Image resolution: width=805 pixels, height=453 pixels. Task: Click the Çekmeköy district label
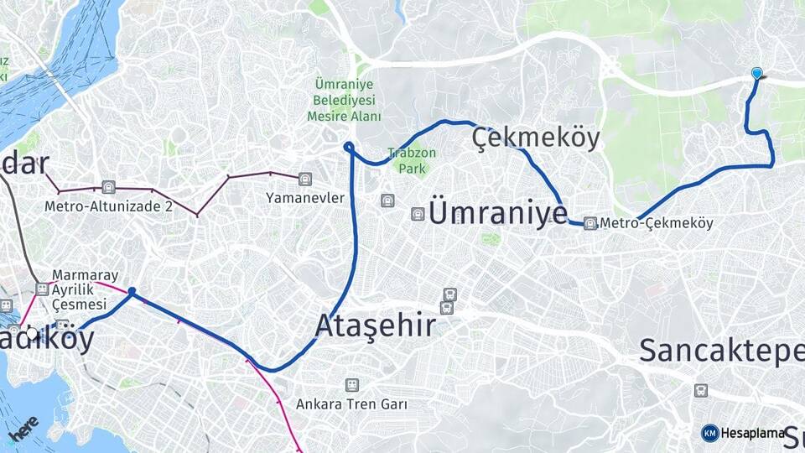point(536,138)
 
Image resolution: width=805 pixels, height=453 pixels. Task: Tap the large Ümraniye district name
point(497,213)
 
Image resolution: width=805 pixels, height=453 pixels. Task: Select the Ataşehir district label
point(376,325)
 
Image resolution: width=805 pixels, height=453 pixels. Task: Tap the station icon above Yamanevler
point(304,179)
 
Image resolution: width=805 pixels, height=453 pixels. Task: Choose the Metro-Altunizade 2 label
point(109,206)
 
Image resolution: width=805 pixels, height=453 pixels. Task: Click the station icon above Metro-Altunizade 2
point(107,187)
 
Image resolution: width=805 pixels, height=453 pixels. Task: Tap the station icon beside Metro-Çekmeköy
point(590,223)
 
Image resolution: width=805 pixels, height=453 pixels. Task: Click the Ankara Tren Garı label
point(351,404)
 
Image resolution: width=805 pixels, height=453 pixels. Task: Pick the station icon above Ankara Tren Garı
point(351,385)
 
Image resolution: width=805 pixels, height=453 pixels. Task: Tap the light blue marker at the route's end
point(757,74)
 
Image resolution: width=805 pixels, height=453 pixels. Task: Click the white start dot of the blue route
point(32,334)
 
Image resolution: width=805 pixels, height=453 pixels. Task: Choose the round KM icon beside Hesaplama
point(709,433)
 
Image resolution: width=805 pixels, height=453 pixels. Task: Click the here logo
point(23,427)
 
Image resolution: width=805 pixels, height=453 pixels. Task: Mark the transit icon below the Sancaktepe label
point(700,390)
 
